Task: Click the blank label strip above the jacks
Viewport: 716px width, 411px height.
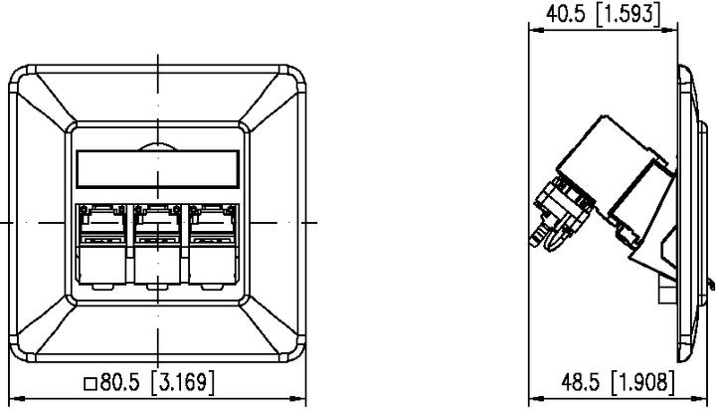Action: coord(157,167)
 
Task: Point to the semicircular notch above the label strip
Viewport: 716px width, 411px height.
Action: coord(157,146)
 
